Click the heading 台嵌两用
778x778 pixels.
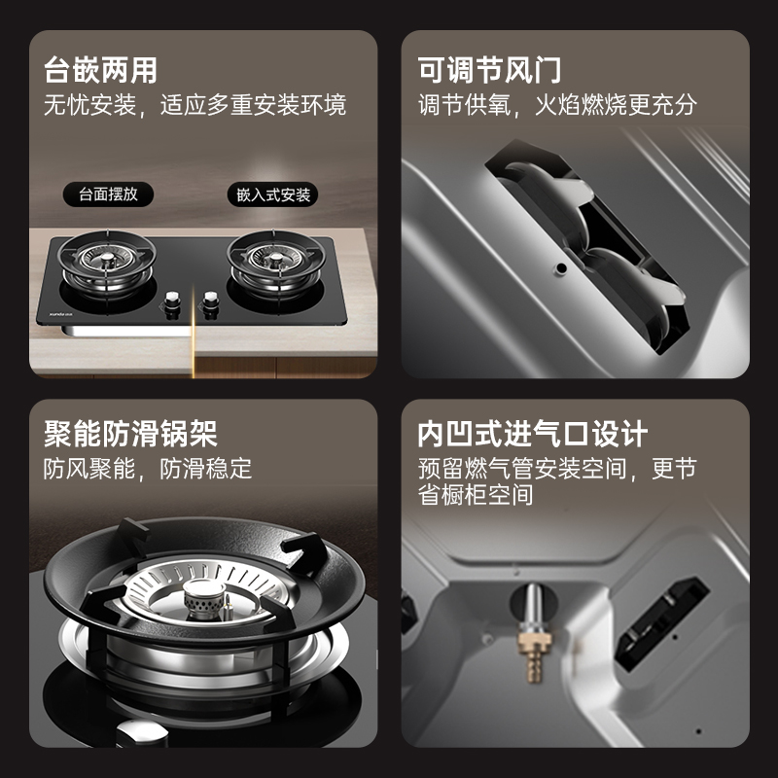(100, 71)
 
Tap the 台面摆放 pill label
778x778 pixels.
(108, 194)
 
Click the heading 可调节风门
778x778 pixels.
(489, 71)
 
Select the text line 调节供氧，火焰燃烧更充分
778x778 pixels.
(557, 105)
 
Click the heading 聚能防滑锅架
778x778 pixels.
(130, 433)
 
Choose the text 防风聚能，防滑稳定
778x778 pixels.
(147, 469)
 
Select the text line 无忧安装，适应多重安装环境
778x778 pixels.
(194, 105)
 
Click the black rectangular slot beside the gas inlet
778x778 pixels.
(663, 613)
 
